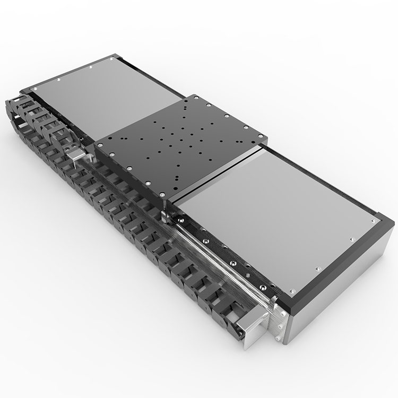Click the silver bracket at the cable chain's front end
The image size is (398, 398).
(250, 325)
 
